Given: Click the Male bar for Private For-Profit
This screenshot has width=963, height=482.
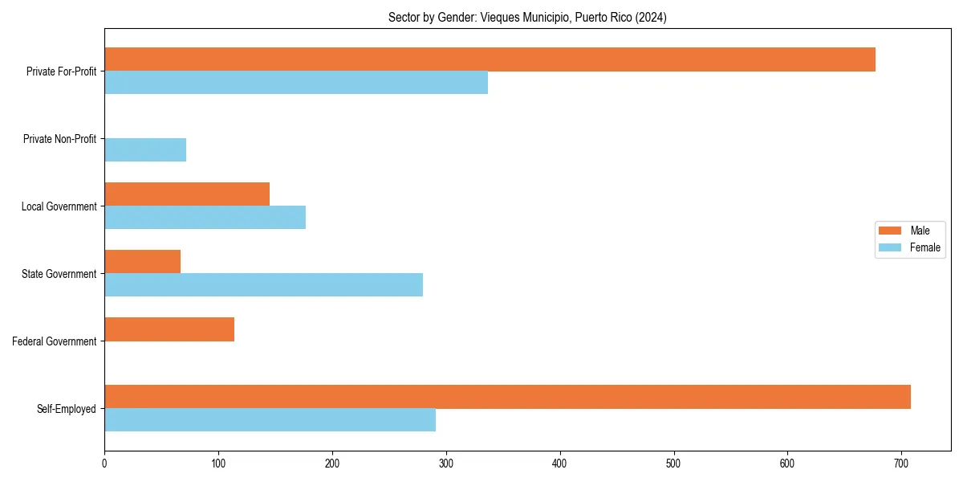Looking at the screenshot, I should click(x=490, y=59).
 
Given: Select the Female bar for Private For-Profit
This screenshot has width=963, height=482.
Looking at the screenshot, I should click(x=296, y=83).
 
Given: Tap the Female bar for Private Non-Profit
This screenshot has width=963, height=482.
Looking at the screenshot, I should click(x=145, y=150).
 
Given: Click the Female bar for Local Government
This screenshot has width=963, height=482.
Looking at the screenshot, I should click(x=205, y=218).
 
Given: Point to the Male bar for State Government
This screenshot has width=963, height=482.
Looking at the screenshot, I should click(x=143, y=262).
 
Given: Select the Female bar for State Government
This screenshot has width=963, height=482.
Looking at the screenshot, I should click(x=263, y=285).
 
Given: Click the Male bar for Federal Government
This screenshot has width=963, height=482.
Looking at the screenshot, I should click(x=169, y=329).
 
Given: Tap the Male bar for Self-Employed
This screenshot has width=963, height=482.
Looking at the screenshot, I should click(x=507, y=397).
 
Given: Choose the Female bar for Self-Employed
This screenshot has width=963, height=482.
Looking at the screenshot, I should click(x=270, y=420).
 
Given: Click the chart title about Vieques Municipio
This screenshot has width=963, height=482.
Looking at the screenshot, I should click(x=527, y=17).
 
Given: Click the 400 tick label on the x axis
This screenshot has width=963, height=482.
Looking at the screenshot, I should click(x=559, y=463).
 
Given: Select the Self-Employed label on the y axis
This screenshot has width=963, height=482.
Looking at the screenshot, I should click(x=66, y=409).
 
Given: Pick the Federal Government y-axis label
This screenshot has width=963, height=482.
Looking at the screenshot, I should click(x=55, y=341).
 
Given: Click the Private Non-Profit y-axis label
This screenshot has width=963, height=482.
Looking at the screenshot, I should click(x=59, y=139).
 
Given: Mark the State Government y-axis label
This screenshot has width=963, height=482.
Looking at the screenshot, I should click(x=59, y=274).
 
